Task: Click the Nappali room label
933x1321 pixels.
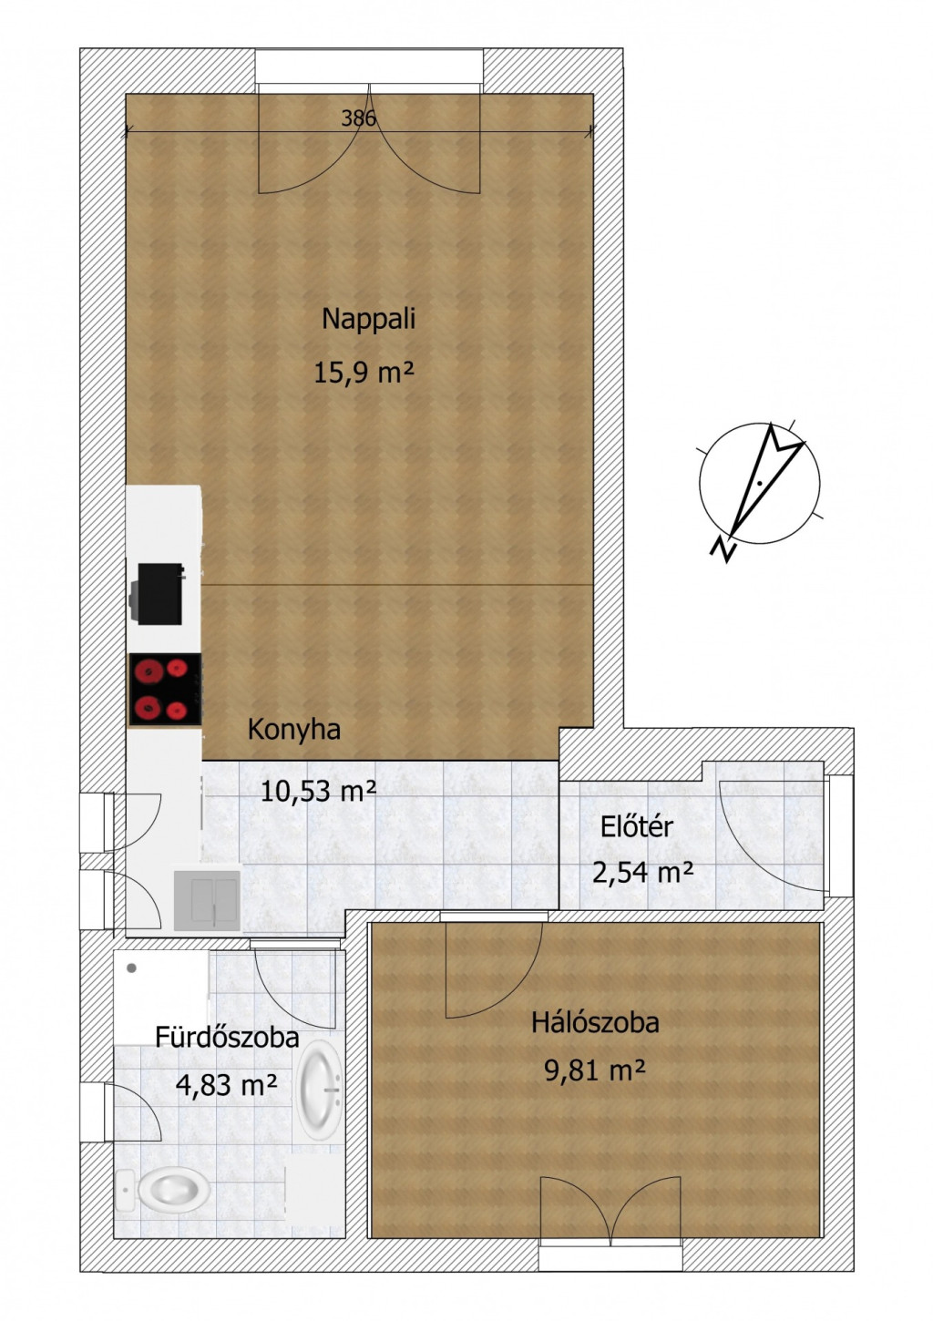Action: [x=369, y=319]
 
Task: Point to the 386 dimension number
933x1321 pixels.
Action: [x=358, y=118]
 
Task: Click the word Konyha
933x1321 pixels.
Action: [x=293, y=730]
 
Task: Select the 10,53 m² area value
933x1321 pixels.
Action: [x=318, y=791]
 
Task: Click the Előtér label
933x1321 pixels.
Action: [x=636, y=827]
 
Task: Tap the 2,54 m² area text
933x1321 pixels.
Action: [x=642, y=872]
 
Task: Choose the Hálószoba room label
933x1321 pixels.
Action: [x=595, y=1022]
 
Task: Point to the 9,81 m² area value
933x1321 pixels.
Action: [x=594, y=1070]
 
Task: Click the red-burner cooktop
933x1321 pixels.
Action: [x=165, y=690]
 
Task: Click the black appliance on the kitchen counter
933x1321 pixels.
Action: [x=157, y=594]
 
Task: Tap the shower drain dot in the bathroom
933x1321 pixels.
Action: [x=131, y=968]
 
